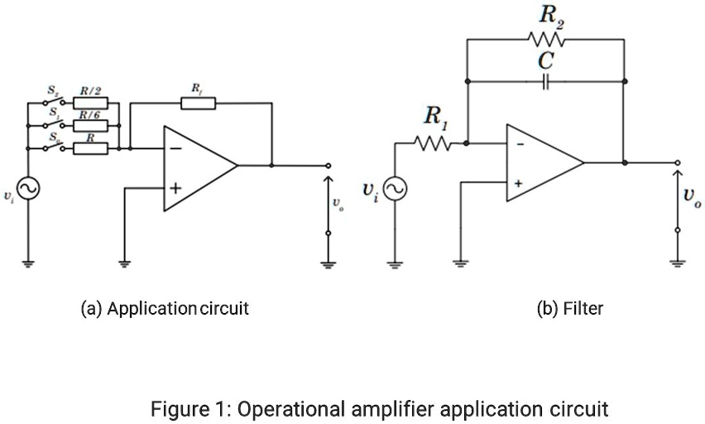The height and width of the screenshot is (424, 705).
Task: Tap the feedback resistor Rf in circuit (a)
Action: coord(198,104)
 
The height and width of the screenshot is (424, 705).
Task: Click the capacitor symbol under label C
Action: coord(545,82)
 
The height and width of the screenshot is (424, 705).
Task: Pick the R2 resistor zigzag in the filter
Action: coord(545,38)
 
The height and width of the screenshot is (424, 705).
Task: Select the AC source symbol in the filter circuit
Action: coord(394,190)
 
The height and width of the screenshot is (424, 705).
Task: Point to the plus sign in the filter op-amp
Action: coord(519,183)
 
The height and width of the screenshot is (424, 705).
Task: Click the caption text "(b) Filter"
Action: coord(570,309)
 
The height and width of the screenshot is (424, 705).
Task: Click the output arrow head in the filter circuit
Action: coord(678,173)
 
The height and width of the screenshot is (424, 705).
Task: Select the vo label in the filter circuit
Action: coord(689,196)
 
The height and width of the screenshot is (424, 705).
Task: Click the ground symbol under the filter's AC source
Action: coord(394,265)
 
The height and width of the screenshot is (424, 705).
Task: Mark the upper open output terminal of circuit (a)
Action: coord(329,166)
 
